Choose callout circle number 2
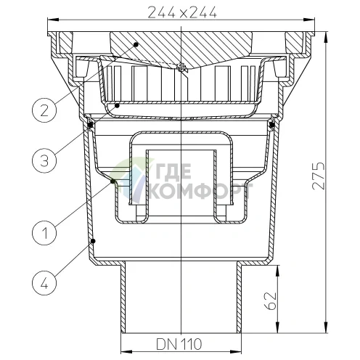click(x=44, y=111)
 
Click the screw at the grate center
click(x=182, y=69)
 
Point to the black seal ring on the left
click(x=90, y=125)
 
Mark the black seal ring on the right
click(x=273, y=125)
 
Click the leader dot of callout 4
click(x=94, y=240)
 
